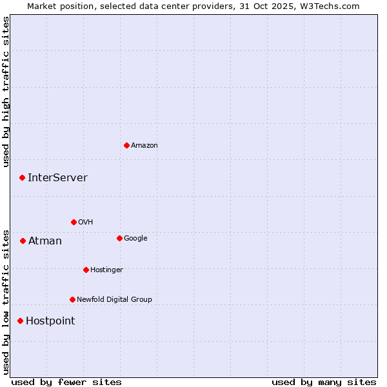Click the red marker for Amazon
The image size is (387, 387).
tap(126, 145)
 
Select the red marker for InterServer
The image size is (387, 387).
tap(22, 177)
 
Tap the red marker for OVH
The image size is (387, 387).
tap(74, 222)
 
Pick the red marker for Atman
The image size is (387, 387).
tap(23, 241)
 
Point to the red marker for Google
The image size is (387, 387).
tap(119, 238)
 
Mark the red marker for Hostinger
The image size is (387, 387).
tap(86, 270)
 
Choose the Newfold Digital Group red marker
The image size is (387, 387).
tap(72, 299)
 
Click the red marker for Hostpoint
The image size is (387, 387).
tap(20, 321)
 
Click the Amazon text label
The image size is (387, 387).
tap(144, 146)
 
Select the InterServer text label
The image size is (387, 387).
tap(57, 178)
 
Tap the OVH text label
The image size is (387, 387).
tap(86, 223)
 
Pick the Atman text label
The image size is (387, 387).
tap(45, 241)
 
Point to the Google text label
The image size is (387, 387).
tap(135, 239)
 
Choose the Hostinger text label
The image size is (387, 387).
tap(106, 270)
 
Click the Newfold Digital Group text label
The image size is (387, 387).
tap(114, 300)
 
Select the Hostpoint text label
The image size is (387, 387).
tap(50, 321)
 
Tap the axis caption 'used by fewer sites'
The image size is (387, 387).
tap(66, 382)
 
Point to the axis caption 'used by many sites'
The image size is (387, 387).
tap(324, 382)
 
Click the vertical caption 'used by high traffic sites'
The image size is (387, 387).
tap(6, 92)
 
